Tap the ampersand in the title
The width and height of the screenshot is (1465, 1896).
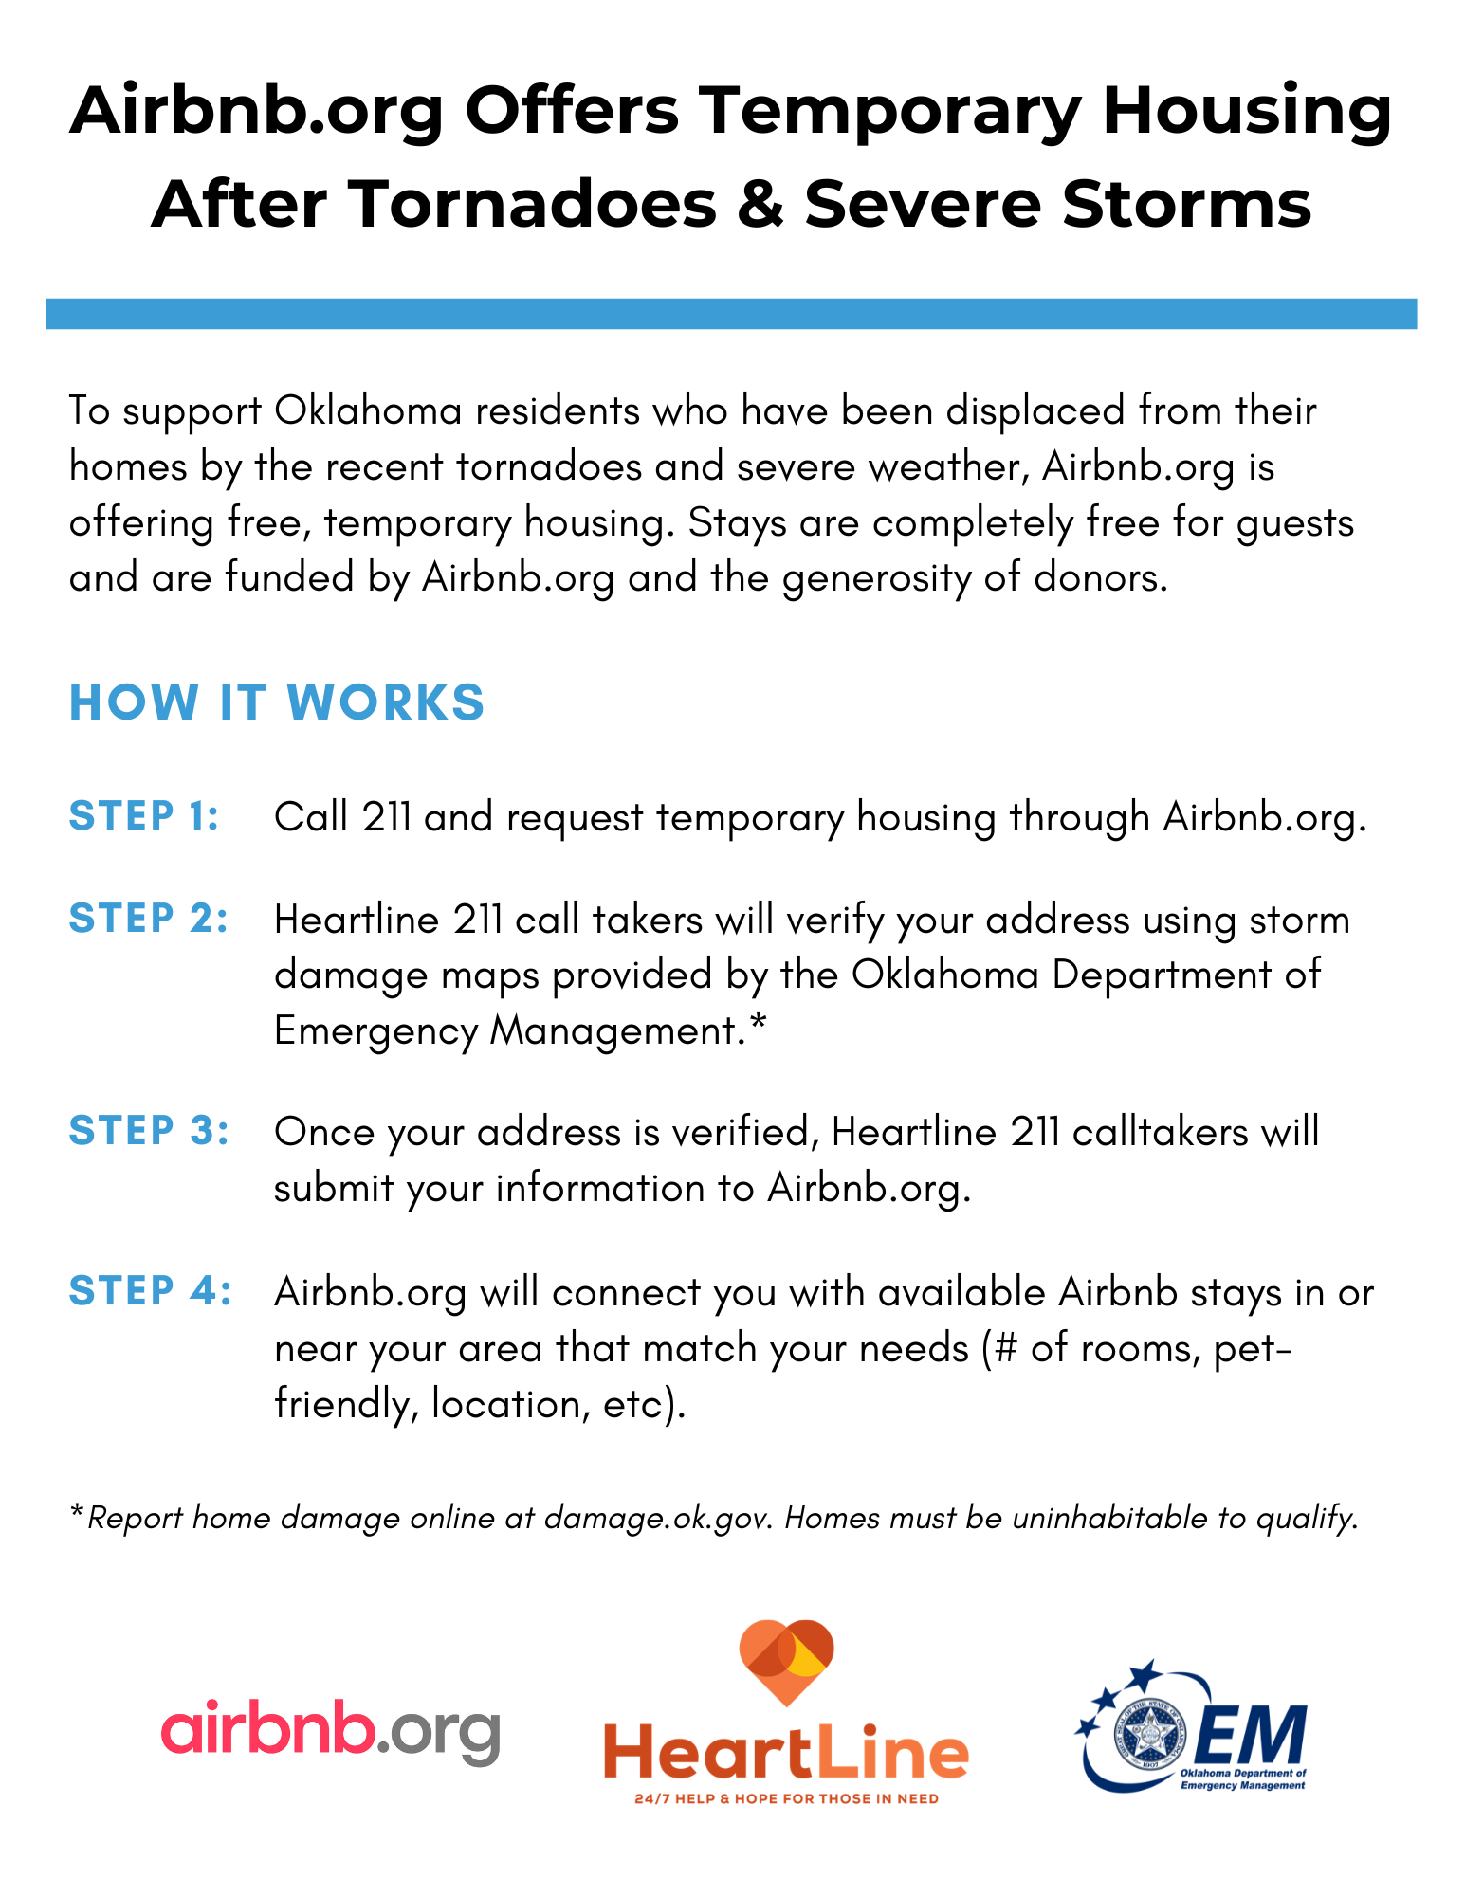760,204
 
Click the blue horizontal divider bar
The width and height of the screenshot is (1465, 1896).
731,314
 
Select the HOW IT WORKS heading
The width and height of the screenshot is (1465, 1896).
277,702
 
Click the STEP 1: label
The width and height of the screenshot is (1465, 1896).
144,816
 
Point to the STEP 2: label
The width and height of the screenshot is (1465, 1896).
149,918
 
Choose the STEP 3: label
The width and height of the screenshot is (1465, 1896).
149,1130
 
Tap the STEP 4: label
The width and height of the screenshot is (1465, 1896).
150,1290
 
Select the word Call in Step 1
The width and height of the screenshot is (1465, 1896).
311,817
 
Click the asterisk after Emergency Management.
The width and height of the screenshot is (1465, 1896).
757,1026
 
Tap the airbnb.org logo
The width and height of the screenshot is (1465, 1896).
330,1732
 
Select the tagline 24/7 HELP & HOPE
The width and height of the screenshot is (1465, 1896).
786,1798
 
